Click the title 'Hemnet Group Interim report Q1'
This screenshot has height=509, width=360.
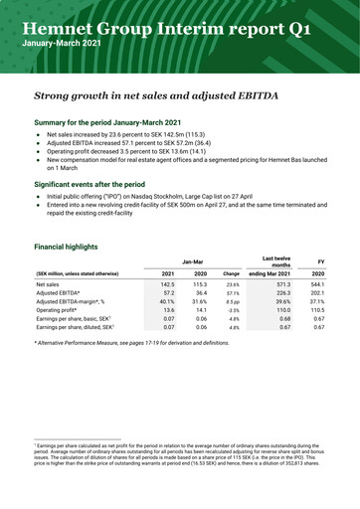[177, 27]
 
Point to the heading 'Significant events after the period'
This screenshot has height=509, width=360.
[103, 184]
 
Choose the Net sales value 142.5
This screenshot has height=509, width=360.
[168, 284]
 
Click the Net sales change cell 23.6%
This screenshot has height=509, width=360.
[233, 284]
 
